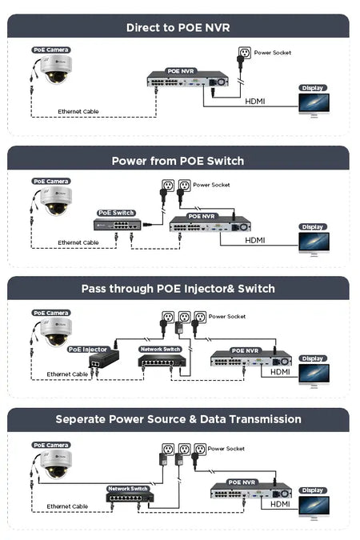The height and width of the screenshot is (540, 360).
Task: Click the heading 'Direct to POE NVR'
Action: coord(178,27)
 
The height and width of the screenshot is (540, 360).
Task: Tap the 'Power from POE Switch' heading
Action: coord(178,161)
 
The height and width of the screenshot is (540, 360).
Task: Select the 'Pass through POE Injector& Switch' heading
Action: coord(178,289)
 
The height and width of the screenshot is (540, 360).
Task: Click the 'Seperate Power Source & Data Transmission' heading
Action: coord(178,419)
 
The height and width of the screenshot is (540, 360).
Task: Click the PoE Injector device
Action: coord(104,359)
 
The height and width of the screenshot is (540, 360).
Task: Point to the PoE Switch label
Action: coord(116,213)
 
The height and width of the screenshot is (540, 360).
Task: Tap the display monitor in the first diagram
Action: coord(314,105)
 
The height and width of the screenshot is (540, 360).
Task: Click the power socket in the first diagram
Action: coord(245,53)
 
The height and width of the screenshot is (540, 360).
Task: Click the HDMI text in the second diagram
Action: coord(255,240)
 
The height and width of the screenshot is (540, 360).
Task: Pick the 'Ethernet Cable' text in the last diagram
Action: coord(67,506)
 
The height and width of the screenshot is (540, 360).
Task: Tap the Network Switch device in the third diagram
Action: coord(162,362)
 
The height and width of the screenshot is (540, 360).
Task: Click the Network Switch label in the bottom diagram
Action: coord(128,489)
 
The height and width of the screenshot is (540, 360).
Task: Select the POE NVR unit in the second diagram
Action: coord(210,225)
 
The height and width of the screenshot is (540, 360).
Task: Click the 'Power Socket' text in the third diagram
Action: coord(227,317)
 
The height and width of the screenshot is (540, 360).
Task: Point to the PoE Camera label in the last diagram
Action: coord(51,445)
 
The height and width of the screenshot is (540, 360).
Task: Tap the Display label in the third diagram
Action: coord(313,358)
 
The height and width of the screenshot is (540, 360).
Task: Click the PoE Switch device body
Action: coord(117,225)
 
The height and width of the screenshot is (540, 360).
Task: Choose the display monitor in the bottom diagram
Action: coord(314,507)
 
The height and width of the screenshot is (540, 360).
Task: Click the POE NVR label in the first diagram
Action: coord(181,71)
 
